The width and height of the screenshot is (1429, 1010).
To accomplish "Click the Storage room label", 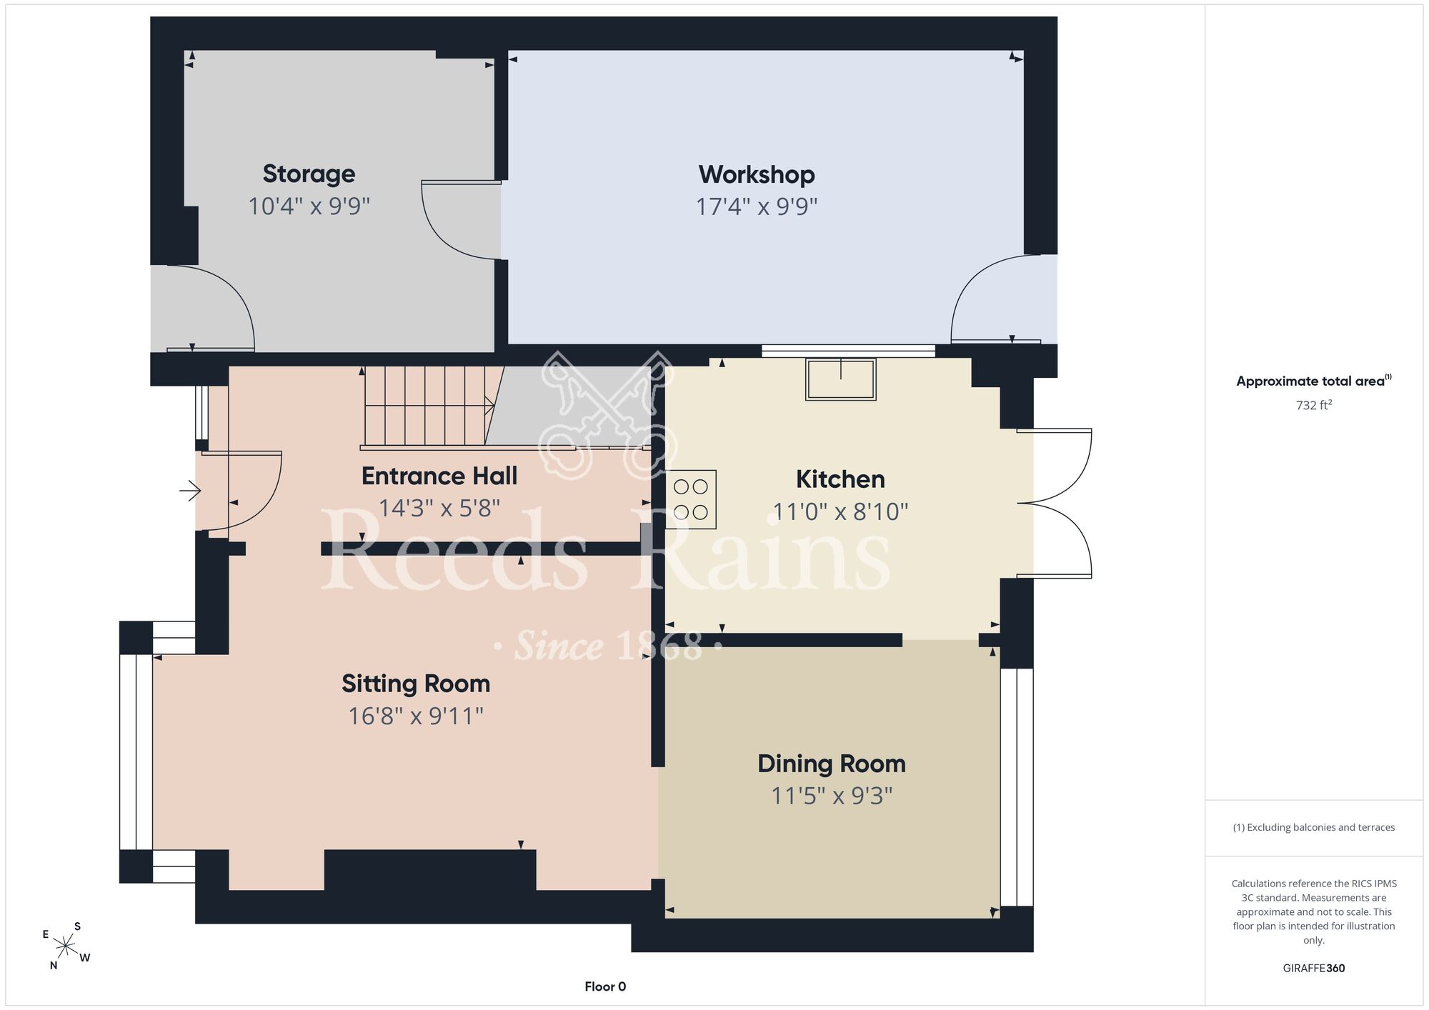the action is (x=309, y=174).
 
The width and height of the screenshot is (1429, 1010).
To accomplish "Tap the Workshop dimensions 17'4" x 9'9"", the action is (x=757, y=206).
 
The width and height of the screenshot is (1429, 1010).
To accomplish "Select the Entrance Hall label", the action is (x=439, y=476).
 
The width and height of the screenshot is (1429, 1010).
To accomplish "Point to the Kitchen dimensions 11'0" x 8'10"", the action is (x=840, y=511).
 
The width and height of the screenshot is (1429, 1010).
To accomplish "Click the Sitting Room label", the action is (x=416, y=684).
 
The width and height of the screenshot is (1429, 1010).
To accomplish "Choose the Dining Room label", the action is (x=832, y=764).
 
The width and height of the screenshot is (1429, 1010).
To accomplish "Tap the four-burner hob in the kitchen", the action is (x=691, y=499).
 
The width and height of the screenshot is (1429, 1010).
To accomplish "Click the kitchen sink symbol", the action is (x=841, y=379).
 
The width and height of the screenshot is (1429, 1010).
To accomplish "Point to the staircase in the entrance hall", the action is (x=428, y=407).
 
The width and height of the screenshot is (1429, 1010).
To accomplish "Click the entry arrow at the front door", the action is (x=190, y=491).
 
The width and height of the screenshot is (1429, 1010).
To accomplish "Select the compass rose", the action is (x=65, y=946).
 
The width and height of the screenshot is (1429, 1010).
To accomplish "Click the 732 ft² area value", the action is (x=1314, y=405).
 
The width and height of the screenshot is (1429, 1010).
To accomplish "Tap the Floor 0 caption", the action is (x=605, y=986).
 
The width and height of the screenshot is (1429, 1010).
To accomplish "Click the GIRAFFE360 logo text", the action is (x=1314, y=969).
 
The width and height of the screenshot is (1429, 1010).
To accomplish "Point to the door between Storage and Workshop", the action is (x=462, y=219).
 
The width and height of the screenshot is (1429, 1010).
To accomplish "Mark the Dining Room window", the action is (x=1017, y=787).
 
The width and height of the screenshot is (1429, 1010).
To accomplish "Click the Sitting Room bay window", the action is (x=136, y=751).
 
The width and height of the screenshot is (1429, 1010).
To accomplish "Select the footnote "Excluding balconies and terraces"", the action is (x=1314, y=827).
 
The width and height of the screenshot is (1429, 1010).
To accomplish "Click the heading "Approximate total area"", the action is (x=1310, y=381).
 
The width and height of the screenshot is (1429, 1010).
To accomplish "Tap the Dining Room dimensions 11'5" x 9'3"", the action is (x=832, y=796).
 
